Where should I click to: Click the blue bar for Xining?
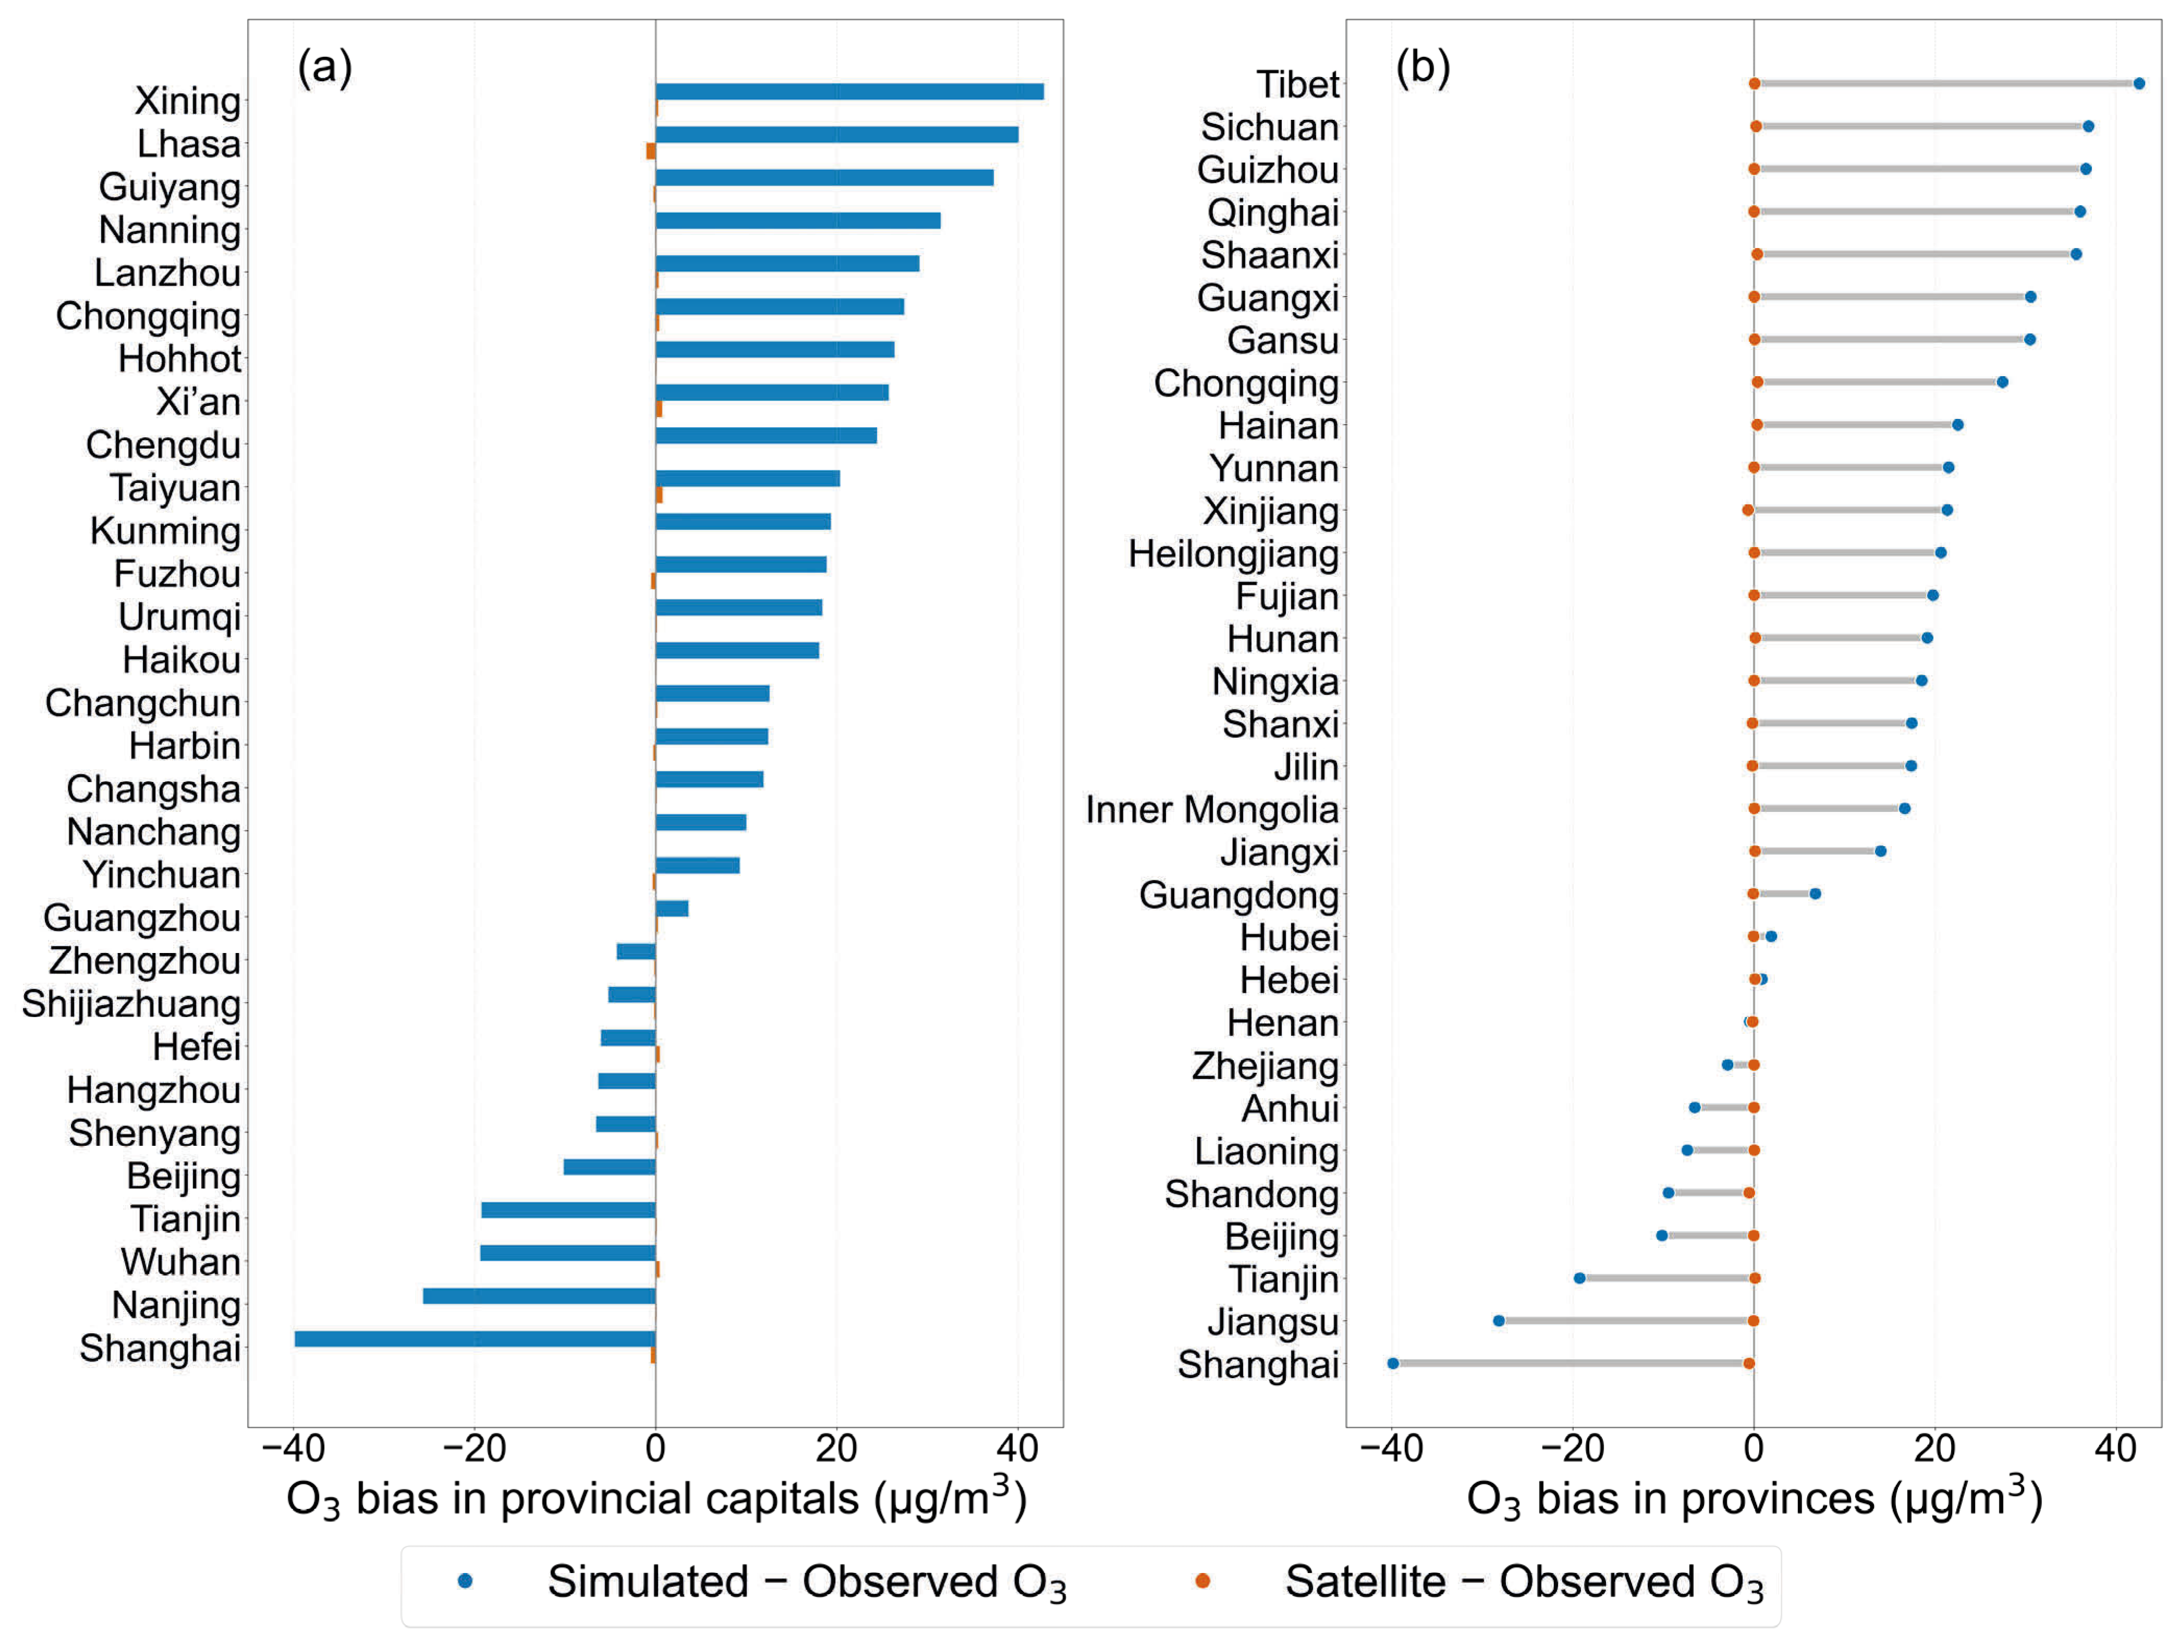849,92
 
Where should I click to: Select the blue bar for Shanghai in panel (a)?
475,1339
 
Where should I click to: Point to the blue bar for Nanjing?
540,1296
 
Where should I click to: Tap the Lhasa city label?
188,144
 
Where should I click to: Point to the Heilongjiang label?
1233,554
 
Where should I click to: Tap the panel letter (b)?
1423,67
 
